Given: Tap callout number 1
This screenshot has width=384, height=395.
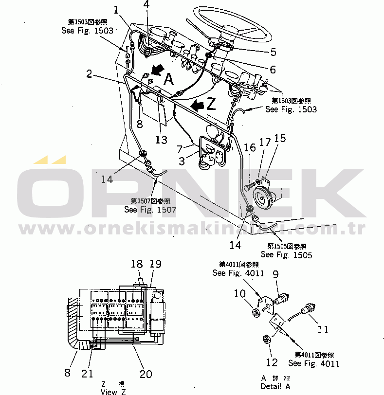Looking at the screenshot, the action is pyautogui.click(x=115, y=9).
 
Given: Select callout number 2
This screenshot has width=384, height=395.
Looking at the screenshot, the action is pyautogui.click(x=89, y=74).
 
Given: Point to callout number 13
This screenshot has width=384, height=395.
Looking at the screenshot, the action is pyautogui.click(x=161, y=140).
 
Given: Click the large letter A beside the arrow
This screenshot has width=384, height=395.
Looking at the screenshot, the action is pyautogui.click(x=168, y=79).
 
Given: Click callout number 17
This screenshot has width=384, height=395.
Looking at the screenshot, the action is pyautogui.click(x=264, y=143).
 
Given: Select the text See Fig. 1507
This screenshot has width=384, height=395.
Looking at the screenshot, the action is pyautogui.click(x=150, y=210).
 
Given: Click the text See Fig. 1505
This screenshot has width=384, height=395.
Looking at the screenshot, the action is pyautogui.click(x=286, y=254).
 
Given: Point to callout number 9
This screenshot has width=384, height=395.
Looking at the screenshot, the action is pyautogui.click(x=275, y=275).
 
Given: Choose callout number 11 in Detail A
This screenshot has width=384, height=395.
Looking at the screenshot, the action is pyautogui.click(x=323, y=329).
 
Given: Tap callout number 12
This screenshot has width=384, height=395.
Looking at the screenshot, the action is pyautogui.click(x=272, y=362).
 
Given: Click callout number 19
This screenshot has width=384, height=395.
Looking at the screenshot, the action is pyautogui.click(x=155, y=264).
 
